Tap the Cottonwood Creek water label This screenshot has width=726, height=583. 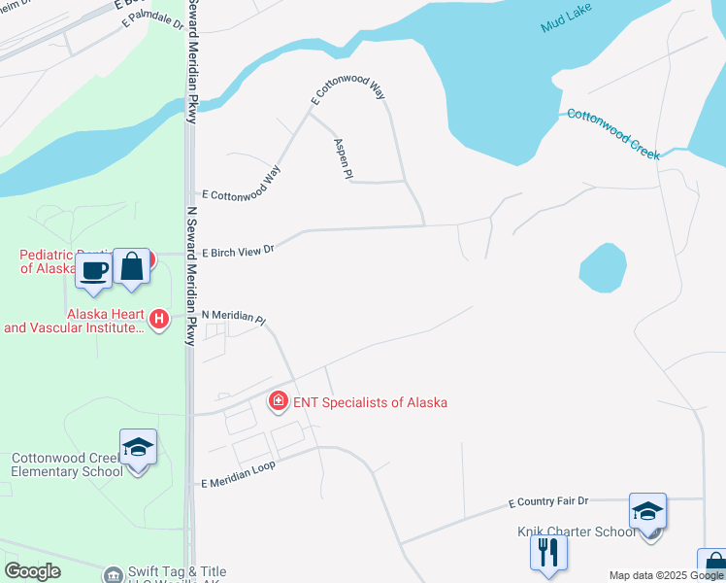[x=613, y=134]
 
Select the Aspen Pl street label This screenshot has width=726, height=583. [x=342, y=158]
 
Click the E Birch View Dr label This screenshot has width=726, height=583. [x=238, y=251]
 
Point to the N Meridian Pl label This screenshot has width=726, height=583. [x=233, y=318]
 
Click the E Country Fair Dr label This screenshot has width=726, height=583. [x=548, y=502]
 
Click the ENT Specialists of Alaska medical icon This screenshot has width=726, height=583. [x=279, y=401]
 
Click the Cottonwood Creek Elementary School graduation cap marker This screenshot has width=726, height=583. [x=138, y=448]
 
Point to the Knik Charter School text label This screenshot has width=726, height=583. [x=577, y=532]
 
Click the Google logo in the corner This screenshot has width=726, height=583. [x=33, y=571]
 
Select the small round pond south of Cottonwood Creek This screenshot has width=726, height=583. [x=602, y=267]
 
